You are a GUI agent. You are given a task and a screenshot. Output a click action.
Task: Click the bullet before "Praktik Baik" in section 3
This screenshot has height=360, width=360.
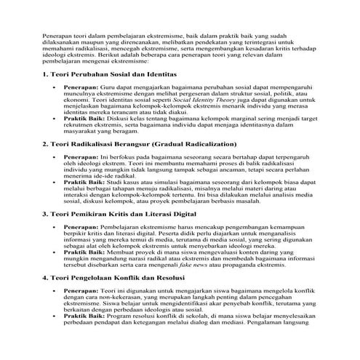click(x=55, y=248)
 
